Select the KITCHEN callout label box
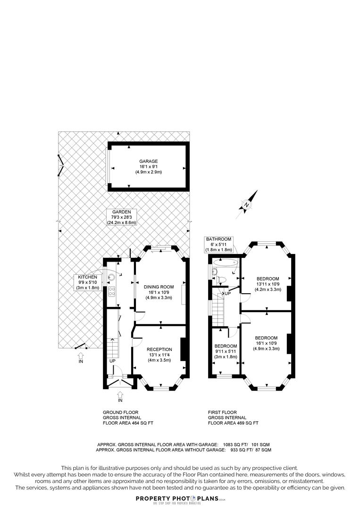pyautogui.click(x=88, y=282)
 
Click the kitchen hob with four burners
pyautogui.click(x=111, y=291)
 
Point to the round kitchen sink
pyautogui.click(x=111, y=278)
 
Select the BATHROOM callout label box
pyautogui.click(x=218, y=244)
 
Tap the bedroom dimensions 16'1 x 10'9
pyautogui.click(x=267, y=343)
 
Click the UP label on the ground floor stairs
pyautogui.click(x=112, y=361)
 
